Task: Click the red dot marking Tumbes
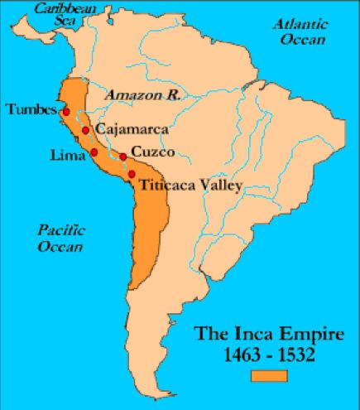(64, 111)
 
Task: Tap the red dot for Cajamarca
(85, 131)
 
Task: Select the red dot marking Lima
(94, 152)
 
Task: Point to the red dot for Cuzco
(123, 157)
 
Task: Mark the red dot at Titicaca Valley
(132, 173)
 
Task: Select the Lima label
(67, 154)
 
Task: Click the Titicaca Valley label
(190, 185)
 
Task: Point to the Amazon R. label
(142, 95)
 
